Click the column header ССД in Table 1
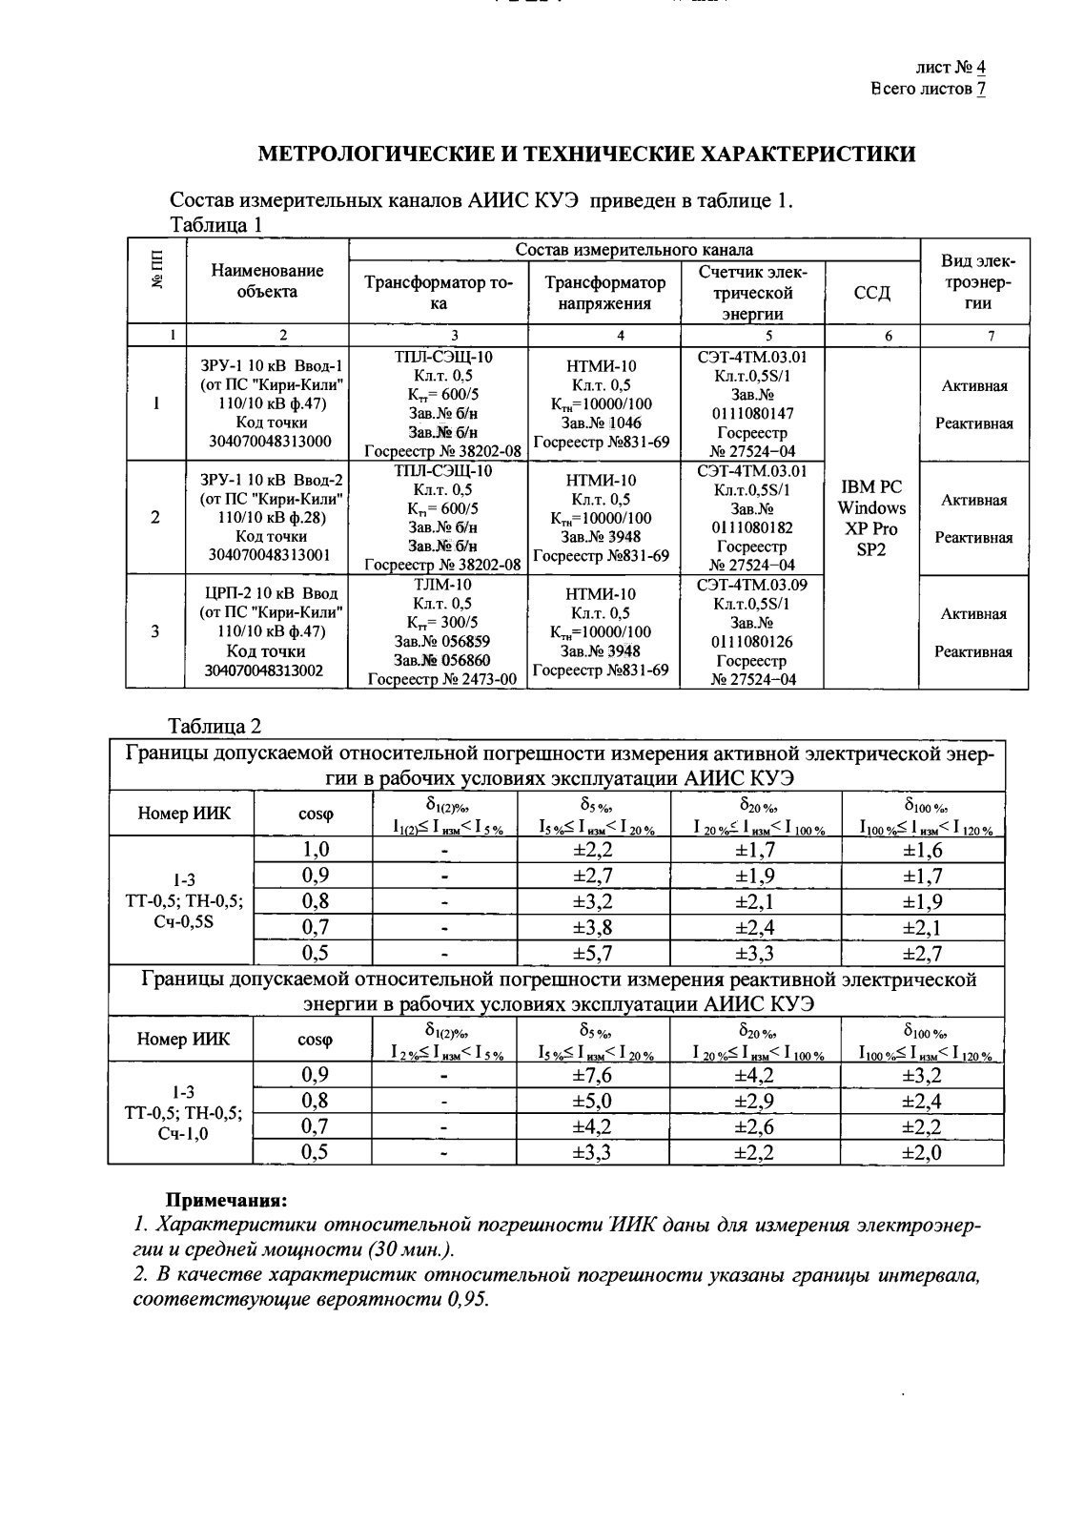870,293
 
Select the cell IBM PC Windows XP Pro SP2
870,518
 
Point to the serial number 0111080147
752,414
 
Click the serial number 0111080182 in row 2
752,527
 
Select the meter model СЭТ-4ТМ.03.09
752,585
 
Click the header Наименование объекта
267,281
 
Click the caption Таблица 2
215,727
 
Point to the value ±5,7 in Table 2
592,952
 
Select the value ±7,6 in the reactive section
592,1076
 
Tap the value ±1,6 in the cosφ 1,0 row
922,850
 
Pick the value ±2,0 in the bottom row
922,1152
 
